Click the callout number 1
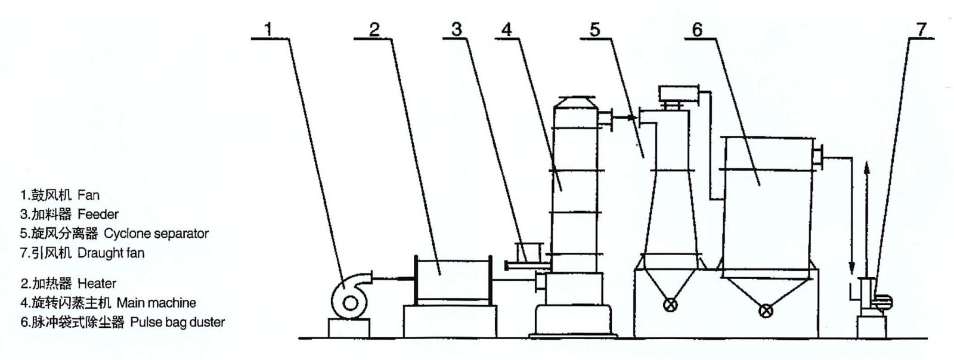pyautogui.click(x=268, y=29)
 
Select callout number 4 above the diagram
pyautogui.click(x=506, y=29)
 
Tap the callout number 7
pyautogui.click(x=921, y=29)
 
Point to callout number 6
pyautogui.click(x=698, y=29)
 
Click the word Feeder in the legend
pyautogui.click(x=98, y=214)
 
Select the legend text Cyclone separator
pyautogui.click(x=156, y=234)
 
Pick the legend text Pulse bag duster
pyautogui.click(x=178, y=322)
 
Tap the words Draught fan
pyautogui.click(x=111, y=253)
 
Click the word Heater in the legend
pyautogui.click(x=97, y=283)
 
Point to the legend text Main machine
pyautogui.click(x=156, y=303)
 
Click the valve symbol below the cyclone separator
pyautogui.click(x=670, y=305)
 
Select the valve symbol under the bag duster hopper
pyautogui.click(x=766, y=311)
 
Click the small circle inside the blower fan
pyautogui.click(x=350, y=303)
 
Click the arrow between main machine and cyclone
pyautogui.click(x=626, y=117)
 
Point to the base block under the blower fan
pyautogui.click(x=349, y=328)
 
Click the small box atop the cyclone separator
pyautogui.click(x=679, y=93)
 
